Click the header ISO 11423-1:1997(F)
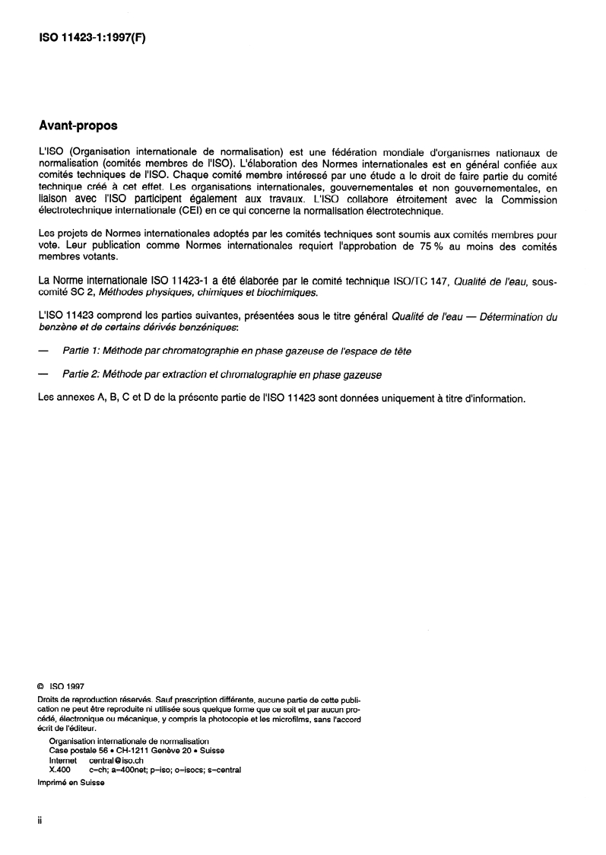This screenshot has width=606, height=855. pyautogui.click(x=91, y=36)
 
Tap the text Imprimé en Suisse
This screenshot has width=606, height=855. pyautogui.click(x=71, y=782)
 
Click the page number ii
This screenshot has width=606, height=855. pyautogui.click(x=40, y=822)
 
